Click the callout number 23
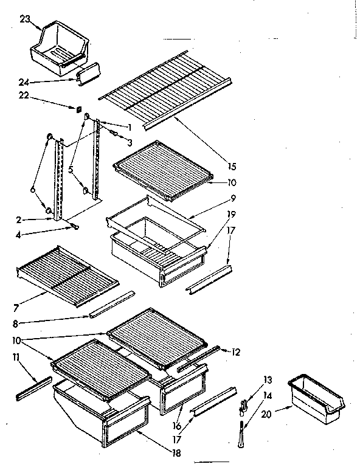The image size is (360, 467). (x=24, y=19)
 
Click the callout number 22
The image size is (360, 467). (x=22, y=96)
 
